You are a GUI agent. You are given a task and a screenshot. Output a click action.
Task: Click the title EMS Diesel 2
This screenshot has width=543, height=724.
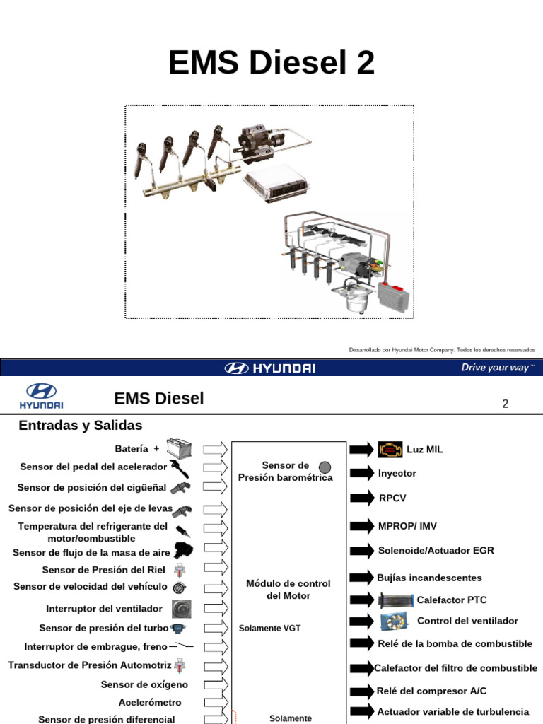(271, 63)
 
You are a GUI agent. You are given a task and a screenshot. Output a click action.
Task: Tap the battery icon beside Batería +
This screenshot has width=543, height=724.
(179, 448)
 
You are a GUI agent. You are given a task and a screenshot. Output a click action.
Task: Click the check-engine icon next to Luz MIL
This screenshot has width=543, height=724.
(389, 449)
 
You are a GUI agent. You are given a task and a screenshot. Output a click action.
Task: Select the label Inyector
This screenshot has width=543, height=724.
(397, 473)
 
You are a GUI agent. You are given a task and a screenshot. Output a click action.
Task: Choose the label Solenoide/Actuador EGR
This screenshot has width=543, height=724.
(436, 550)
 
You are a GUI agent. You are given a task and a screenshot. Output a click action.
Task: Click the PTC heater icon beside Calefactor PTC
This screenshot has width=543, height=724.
(395, 600)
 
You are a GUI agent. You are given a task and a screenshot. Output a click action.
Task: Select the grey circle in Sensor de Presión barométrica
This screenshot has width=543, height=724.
(325, 466)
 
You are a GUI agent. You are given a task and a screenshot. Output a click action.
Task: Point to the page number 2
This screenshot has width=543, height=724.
(505, 404)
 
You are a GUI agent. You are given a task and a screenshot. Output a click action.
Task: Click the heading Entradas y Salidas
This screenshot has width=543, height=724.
(81, 426)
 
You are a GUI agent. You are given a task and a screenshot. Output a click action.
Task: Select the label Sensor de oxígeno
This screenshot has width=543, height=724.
(145, 684)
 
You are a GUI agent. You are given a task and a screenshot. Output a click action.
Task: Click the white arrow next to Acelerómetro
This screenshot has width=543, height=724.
(216, 702)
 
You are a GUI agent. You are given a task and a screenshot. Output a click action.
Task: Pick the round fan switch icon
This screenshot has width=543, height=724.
(182, 607)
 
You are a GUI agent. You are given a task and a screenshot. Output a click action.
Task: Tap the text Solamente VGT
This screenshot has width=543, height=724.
(269, 629)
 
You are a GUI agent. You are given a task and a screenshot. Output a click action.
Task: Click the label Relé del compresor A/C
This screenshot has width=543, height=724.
(431, 691)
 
